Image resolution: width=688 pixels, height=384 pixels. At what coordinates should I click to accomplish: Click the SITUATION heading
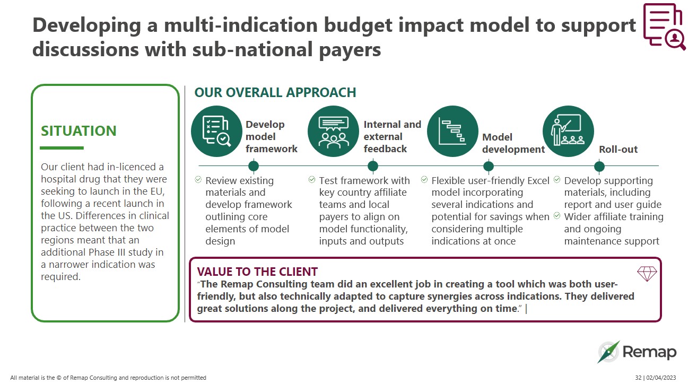(x=79, y=131)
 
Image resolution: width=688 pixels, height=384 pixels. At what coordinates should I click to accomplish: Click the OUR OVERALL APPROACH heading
(x=275, y=92)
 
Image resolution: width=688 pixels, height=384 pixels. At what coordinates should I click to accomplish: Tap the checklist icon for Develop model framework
(x=217, y=131)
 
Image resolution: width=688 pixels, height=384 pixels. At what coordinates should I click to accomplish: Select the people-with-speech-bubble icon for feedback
(x=333, y=131)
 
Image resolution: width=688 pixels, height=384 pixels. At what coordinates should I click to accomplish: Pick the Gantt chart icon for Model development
(x=452, y=131)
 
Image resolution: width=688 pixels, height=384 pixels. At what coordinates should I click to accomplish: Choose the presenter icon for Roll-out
(x=568, y=131)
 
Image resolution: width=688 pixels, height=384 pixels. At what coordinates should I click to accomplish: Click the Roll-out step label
(x=618, y=150)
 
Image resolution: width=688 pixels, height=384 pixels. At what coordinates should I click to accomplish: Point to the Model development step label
(x=513, y=143)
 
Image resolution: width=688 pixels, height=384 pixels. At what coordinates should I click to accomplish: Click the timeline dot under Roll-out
(x=599, y=167)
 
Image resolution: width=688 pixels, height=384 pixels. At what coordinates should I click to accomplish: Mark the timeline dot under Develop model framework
(x=253, y=167)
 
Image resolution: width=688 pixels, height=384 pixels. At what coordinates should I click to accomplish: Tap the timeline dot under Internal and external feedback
(x=373, y=167)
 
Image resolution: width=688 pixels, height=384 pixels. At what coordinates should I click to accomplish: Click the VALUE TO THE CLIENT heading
(x=257, y=272)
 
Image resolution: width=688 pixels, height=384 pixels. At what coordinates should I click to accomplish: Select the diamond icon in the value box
(x=647, y=274)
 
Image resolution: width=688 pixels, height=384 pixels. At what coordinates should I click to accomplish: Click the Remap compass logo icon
(x=608, y=352)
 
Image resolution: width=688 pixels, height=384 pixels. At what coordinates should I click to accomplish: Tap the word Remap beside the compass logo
(x=649, y=352)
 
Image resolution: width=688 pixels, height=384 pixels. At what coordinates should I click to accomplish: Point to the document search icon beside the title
(x=664, y=27)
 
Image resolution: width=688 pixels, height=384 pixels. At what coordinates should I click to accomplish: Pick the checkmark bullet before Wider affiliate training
(x=557, y=216)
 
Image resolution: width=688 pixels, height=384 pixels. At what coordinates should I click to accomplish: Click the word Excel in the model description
(x=538, y=180)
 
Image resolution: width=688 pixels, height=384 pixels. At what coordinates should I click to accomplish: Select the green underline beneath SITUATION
(x=62, y=148)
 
